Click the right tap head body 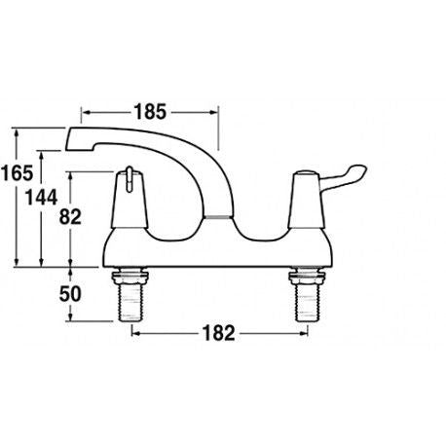coord(300,209)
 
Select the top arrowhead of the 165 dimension coord(20,129)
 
